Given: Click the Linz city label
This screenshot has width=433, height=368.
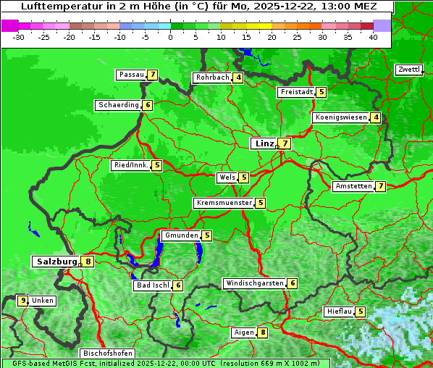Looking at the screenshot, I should pyautogui.click(x=264, y=143).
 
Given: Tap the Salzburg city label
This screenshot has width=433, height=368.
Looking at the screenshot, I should pyautogui.click(x=56, y=262).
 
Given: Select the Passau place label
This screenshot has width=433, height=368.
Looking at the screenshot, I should pyautogui.click(x=131, y=75).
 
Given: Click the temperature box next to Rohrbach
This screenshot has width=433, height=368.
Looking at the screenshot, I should pyautogui.click(x=238, y=78).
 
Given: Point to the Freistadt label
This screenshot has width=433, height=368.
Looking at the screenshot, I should pyautogui.click(x=296, y=92).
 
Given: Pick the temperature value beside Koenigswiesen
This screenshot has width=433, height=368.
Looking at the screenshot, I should pyautogui.click(x=376, y=117).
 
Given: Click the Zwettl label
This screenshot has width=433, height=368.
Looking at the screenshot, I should pyautogui.click(x=408, y=70).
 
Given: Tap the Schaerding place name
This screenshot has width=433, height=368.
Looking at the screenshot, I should pyautogui.click(x=118, y=105).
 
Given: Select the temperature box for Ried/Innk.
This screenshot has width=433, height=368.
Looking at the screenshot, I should pyautogui.click(x=156, y=165).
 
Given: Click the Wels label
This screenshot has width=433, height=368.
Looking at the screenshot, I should pyautogui.click(x=227, y=177).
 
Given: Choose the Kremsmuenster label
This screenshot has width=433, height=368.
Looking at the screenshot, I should pyautogui.click(x=224, y=203).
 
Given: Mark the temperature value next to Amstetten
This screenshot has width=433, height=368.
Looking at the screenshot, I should pyautogui.click(x=381, y=186).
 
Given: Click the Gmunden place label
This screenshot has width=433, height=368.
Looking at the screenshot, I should pyautogui.click(x=180, y=235).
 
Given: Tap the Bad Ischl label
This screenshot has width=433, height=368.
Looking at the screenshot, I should pyautogui.click(x=152, y=285).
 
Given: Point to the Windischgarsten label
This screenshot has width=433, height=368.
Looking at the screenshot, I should pyautogui.click(x=254, y=283).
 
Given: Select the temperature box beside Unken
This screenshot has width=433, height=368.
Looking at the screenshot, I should pyautogui.click(x=23, y=301).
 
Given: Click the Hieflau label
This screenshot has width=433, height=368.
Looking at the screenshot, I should pyautogui.click(x=339, y=311).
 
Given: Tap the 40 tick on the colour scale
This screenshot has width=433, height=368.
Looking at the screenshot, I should pyautogui.click(x=373, y=37).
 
